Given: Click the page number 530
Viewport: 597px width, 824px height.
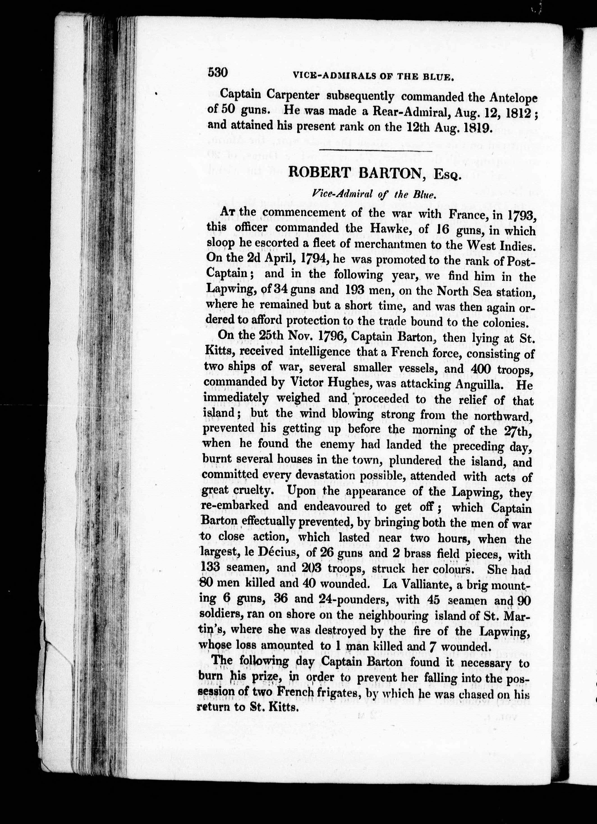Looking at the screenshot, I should tap(217, 73).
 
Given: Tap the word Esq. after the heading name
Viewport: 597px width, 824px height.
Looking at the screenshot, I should tap(447, 176).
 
